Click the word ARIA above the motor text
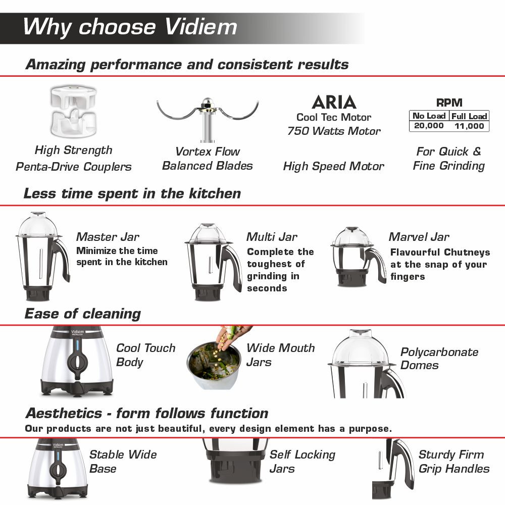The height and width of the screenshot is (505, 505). [x=334, y=103]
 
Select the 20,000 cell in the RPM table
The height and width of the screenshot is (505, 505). [x=428, y=126]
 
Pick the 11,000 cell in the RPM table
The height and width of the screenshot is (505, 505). [x=469, y=126]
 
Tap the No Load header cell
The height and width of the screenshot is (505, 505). [x=429, y=116]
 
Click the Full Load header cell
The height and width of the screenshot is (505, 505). [x=469, y=116]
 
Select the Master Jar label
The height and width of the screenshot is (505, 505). [x=108, y=237]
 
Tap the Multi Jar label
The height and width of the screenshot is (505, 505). [x=272, y=237]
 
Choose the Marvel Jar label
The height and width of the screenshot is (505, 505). [x=419, y=237]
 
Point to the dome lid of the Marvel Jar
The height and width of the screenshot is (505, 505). [x=352, y=236]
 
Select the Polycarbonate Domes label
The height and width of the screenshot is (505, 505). [x=439, y=359]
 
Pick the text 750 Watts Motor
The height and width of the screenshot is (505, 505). [x=334, y=131]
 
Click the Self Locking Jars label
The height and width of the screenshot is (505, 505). [x=302, y=462]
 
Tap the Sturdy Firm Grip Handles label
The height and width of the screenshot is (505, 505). [x=453, y=462]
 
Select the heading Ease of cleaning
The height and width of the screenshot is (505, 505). [x=83, y=314]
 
